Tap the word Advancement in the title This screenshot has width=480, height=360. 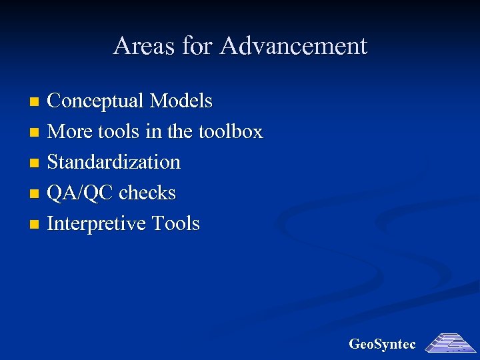pos(293,46)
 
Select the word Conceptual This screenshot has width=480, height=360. pos(96,101)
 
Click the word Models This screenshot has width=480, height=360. pos(181,101)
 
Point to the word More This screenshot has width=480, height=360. pos(65,132)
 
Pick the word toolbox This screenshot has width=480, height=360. pos(231,132)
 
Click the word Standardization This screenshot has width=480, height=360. pos(114,163)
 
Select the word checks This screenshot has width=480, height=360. pos(147,193)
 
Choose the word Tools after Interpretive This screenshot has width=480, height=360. pos(176,223)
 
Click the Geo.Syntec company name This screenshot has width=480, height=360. pos(382,345)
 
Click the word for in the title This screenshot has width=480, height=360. pos(196,46)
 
